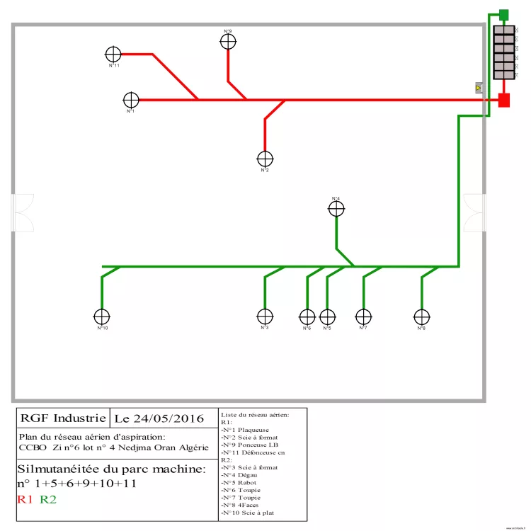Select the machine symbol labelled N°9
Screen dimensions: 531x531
(x=227, y=42)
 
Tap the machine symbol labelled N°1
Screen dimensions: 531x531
(x=131, y=100)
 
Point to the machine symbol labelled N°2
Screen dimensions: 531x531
(x=265, y=159)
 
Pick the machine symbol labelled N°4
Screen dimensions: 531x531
(x=336, y=209)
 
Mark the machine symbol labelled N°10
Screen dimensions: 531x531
(x=102, y=316)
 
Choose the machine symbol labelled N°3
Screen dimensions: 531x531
(x=265, y=316)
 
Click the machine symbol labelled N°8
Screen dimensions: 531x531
(x=421, y=316)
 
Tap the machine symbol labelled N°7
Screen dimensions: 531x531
(x=363, y=316)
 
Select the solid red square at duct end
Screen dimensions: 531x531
(x=504, y=100)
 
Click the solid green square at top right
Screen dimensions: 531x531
(x=504, y=14)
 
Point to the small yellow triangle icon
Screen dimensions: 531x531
(x=479, y=88)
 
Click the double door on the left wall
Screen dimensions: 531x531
(x=23, y=212)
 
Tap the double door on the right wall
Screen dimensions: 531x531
(x=474, y=212)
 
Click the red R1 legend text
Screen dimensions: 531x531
(x=25, y=500)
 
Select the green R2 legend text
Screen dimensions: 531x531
(x=48, y=500)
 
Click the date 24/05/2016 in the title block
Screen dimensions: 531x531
(x=159, y=418)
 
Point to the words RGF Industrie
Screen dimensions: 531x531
(x=64, y=418)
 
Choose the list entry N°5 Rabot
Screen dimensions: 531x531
(x=241, y=482)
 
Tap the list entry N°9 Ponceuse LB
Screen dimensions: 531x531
(x=250, y=445)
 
